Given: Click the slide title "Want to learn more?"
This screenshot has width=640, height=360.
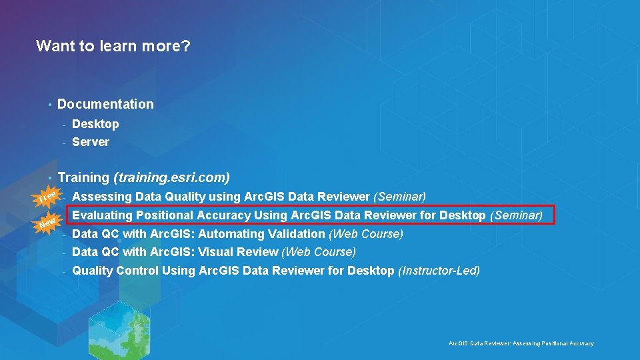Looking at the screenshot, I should [x=113, y=46].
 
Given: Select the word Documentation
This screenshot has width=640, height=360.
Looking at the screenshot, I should [x=105, y=104].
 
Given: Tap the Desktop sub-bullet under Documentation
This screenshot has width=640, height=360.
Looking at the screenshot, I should [x=95, y=124].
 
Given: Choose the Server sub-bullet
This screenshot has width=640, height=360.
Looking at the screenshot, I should [x=91, y=142].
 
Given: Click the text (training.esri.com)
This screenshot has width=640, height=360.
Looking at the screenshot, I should [x=172, y=177].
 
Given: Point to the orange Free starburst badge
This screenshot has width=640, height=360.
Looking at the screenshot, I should [x=47, y=197].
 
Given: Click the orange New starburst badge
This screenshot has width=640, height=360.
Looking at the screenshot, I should [x=47, y=221].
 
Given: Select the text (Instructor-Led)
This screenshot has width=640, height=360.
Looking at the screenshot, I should [x=439, y=271].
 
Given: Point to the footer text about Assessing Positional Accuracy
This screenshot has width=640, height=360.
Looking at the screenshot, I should [x=521, y=343].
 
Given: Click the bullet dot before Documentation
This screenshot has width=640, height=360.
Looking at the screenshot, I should [x=49, y=105].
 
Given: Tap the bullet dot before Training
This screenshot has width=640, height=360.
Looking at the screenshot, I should [x=49, y=178].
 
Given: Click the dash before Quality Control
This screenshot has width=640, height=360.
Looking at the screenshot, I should [x=64, y=271].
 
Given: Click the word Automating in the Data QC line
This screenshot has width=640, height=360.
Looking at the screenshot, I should [x=228, y=234].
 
